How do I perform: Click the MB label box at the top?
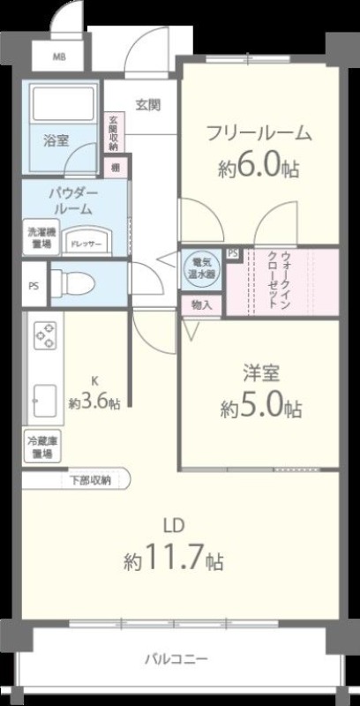pyautogui.click(x=58, y=58)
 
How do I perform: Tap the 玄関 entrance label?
pyautogui.click(x=147, y=104)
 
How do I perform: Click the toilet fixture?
pyautogui.click(x=72, y=284)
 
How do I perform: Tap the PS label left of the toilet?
pyautogui.click(x=33, y=285)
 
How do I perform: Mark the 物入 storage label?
pyautogui.click(x=202, y=304)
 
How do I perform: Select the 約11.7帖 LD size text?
pyautogui.click(x=173, y=558)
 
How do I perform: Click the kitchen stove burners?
pyautogui.click(x=44, y=338)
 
